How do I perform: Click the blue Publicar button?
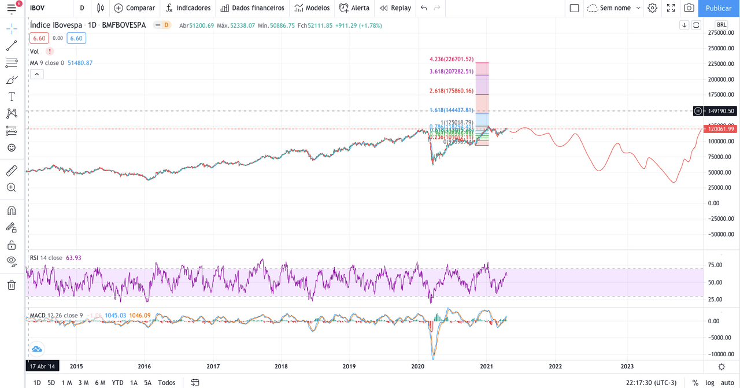(719, 8)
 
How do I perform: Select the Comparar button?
(135, 8)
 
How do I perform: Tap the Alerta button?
(354, 8)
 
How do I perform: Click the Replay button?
(395, 8)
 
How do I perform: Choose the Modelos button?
(312, 8)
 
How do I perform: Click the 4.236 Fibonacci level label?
(452, 59)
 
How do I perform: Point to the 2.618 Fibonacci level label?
(452, 91)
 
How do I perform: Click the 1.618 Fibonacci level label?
(452, 110)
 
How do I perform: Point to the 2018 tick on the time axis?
(281, 366)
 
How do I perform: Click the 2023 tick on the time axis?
(627, 366)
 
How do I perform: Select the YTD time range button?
(117, 382)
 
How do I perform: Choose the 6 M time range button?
(100, 382)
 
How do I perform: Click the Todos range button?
(166, 382)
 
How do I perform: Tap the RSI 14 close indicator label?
(46, 258)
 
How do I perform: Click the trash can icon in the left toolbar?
(12, 285)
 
